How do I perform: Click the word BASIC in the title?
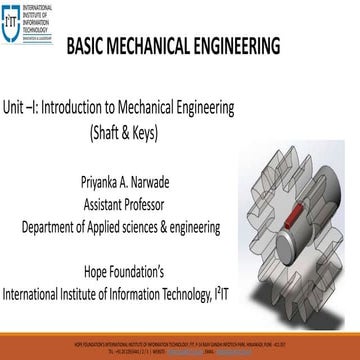(x=90, y=48)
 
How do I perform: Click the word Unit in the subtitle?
(x=17, y=107)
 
